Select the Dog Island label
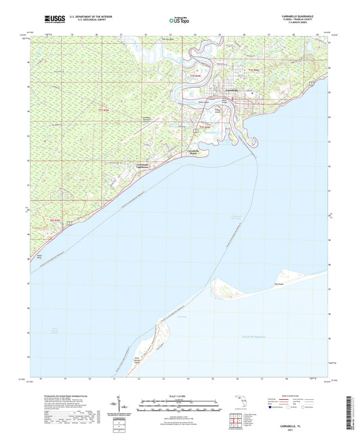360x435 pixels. click(x=277, y=284)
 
